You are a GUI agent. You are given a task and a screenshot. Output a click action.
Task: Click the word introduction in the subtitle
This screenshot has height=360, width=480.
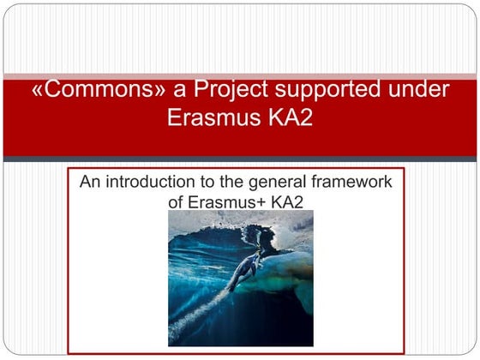[150, 183]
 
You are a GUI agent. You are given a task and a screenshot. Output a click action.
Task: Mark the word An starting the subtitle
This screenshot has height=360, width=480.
[89, 183]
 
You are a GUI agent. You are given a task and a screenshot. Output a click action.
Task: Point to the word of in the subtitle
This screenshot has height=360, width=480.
[178, 202]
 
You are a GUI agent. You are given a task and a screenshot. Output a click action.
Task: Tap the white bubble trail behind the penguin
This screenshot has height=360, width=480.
[206, 309]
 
